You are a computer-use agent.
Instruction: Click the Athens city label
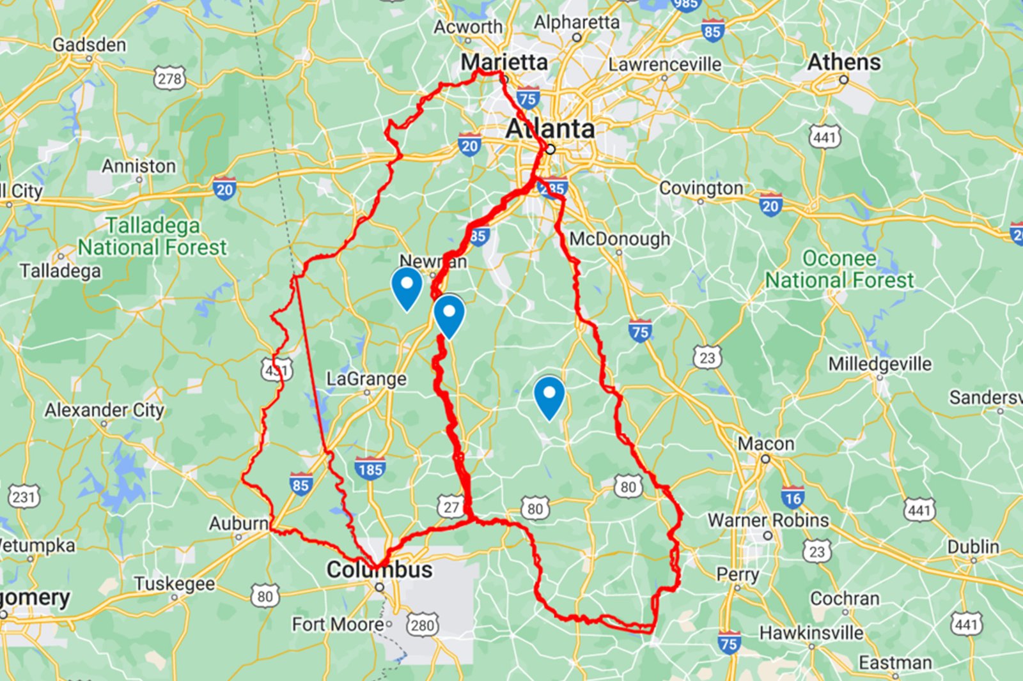pos(843,63)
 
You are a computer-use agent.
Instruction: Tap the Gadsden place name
pos(90,45)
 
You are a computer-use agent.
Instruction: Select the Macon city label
pos(766,443)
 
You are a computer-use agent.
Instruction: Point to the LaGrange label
pos(366,379)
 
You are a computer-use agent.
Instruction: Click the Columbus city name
pos(379,569)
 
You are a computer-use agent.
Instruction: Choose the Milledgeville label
pos(880,364)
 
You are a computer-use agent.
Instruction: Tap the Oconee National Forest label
pos(839,270)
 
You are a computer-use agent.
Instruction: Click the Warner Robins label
pos(768,520)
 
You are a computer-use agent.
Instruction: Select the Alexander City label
pos(104,410)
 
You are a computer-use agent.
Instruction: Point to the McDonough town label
pos(620,239)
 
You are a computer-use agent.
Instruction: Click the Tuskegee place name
pos(175,584)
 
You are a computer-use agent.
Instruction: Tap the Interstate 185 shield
pos(370,470)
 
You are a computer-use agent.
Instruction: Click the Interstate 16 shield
pos(792,498)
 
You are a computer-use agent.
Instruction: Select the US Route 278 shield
pos(169,79)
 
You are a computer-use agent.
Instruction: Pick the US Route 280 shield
pos(422,624)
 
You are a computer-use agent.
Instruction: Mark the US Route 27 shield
pos(451,507)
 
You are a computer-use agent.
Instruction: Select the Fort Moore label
pos(337,624)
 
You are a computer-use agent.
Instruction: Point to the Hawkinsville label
pos(811,633)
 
